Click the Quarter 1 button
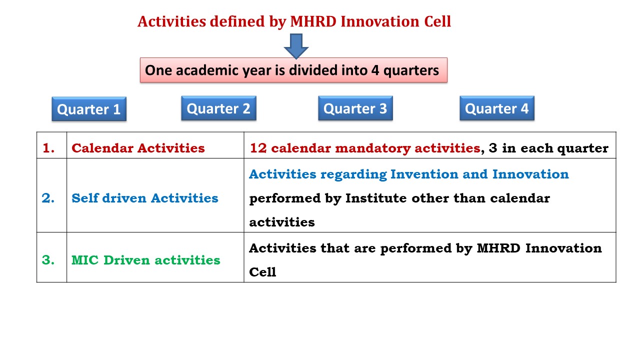(x=89, y=109)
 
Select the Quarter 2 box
(x=219, y=108)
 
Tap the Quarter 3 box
(x=355, y=108)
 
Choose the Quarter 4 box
(x=497, y=108)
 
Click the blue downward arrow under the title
(x=296, y=46)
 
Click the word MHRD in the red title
(x=313, y=21)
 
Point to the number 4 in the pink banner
(x=375, y=70)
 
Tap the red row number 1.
(x=48, y=148)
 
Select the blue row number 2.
(x=48, y=198)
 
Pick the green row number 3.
(x=48, y=260)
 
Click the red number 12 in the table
(x=258, y=148)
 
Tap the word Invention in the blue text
(x=424, y=174)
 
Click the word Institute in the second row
(x=376, y=198)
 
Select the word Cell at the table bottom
(x=262, y=272)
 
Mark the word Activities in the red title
(x=171, y=21)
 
